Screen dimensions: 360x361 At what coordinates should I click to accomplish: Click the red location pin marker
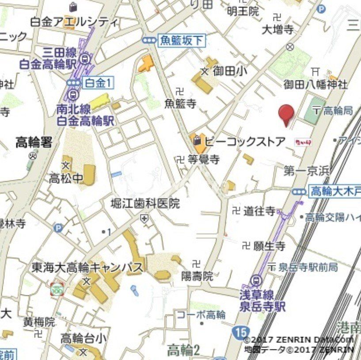[286, 114]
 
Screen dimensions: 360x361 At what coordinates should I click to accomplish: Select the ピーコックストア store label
[245, 142]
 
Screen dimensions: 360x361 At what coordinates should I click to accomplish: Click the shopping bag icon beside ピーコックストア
[197, 141]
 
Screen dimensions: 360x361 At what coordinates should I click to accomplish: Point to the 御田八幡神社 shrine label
[315, 84]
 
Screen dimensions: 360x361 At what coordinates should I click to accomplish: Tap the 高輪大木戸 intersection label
[334, 191]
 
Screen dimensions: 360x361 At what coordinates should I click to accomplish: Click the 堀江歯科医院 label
[145, 204]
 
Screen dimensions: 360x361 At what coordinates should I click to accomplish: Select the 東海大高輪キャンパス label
[87, 268]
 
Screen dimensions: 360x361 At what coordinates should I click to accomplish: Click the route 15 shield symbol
[239, 332]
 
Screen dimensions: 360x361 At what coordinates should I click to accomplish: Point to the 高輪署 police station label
[34, 142]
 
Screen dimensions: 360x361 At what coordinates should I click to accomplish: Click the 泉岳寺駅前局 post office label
[308, 267]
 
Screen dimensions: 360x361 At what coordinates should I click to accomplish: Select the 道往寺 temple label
[259, 211]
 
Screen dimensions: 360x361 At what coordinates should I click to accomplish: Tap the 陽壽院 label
[197, 276]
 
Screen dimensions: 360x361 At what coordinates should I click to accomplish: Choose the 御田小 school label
[230, 71]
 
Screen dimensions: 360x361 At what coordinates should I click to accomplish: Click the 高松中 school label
[66, 179]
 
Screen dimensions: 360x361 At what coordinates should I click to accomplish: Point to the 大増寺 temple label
[277, 30]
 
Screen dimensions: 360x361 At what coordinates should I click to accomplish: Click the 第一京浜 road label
[307, 171]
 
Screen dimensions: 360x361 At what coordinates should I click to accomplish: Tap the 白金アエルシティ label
[74, 22]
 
